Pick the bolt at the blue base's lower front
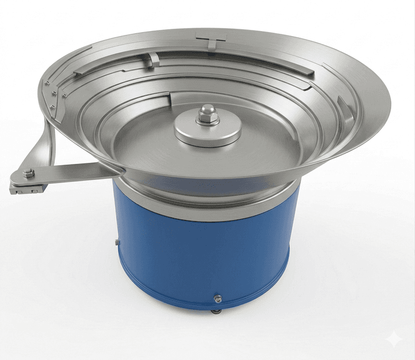218,299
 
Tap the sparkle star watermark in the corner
395,339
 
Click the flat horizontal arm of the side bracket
77,171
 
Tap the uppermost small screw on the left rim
48,83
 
